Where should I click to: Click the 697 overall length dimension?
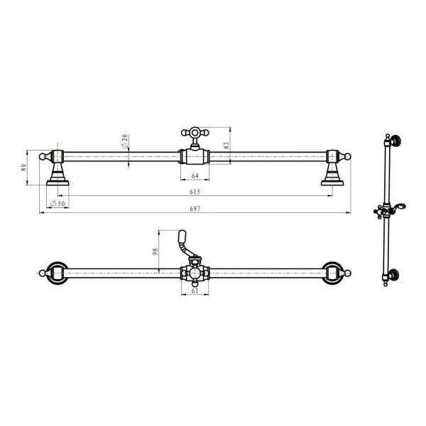coord(195,209)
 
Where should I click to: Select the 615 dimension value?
coord(195,192)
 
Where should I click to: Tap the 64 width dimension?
coord(195,176)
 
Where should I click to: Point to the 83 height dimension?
coord(226,146)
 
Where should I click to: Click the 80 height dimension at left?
coord(23,168)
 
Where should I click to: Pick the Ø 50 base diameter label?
coord(58,204)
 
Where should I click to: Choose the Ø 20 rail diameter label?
coord(125,141)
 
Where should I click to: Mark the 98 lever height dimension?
coord(155,251)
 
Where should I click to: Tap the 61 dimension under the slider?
coord(195,290)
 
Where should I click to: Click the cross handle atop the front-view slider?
coord(195,133)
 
